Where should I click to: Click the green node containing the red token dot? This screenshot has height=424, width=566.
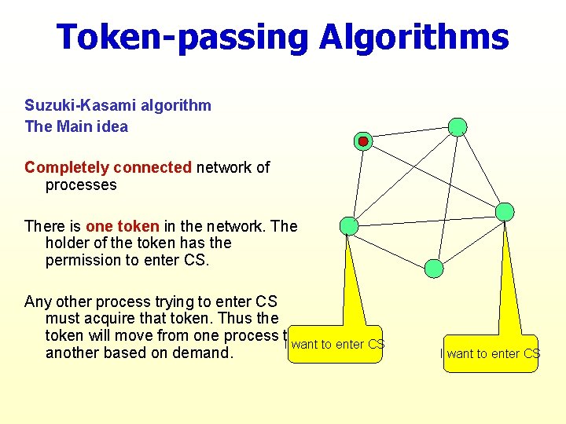(x=363, y=141)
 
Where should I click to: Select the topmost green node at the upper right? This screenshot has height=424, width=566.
(x=458, y=127)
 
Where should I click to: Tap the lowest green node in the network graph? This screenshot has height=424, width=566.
(x=434, y=269)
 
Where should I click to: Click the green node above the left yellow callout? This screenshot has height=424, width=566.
(x=348, y=226)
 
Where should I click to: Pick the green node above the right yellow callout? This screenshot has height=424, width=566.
(x=505, y=212)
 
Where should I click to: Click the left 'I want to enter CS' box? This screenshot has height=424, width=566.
(x=335, y=345)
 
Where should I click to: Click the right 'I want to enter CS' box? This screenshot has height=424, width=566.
(x=491, y=354)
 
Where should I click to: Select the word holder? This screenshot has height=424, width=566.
(x=66, y=243)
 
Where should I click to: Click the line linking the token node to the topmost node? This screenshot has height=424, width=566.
(x=410, y=134)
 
